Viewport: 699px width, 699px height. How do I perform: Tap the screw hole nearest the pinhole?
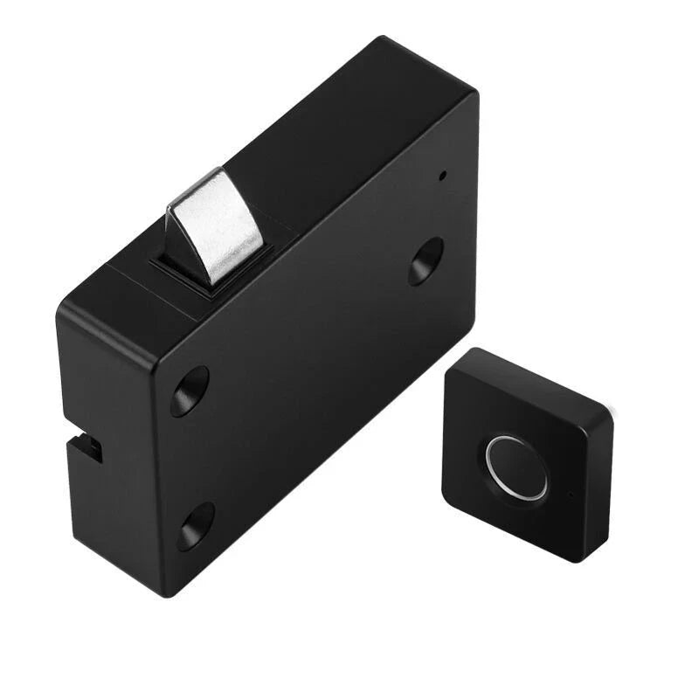tap(426, 261)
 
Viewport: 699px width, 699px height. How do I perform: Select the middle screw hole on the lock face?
tap(190, 391)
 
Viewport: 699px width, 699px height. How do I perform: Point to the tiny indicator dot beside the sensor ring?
tap(571, 496)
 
